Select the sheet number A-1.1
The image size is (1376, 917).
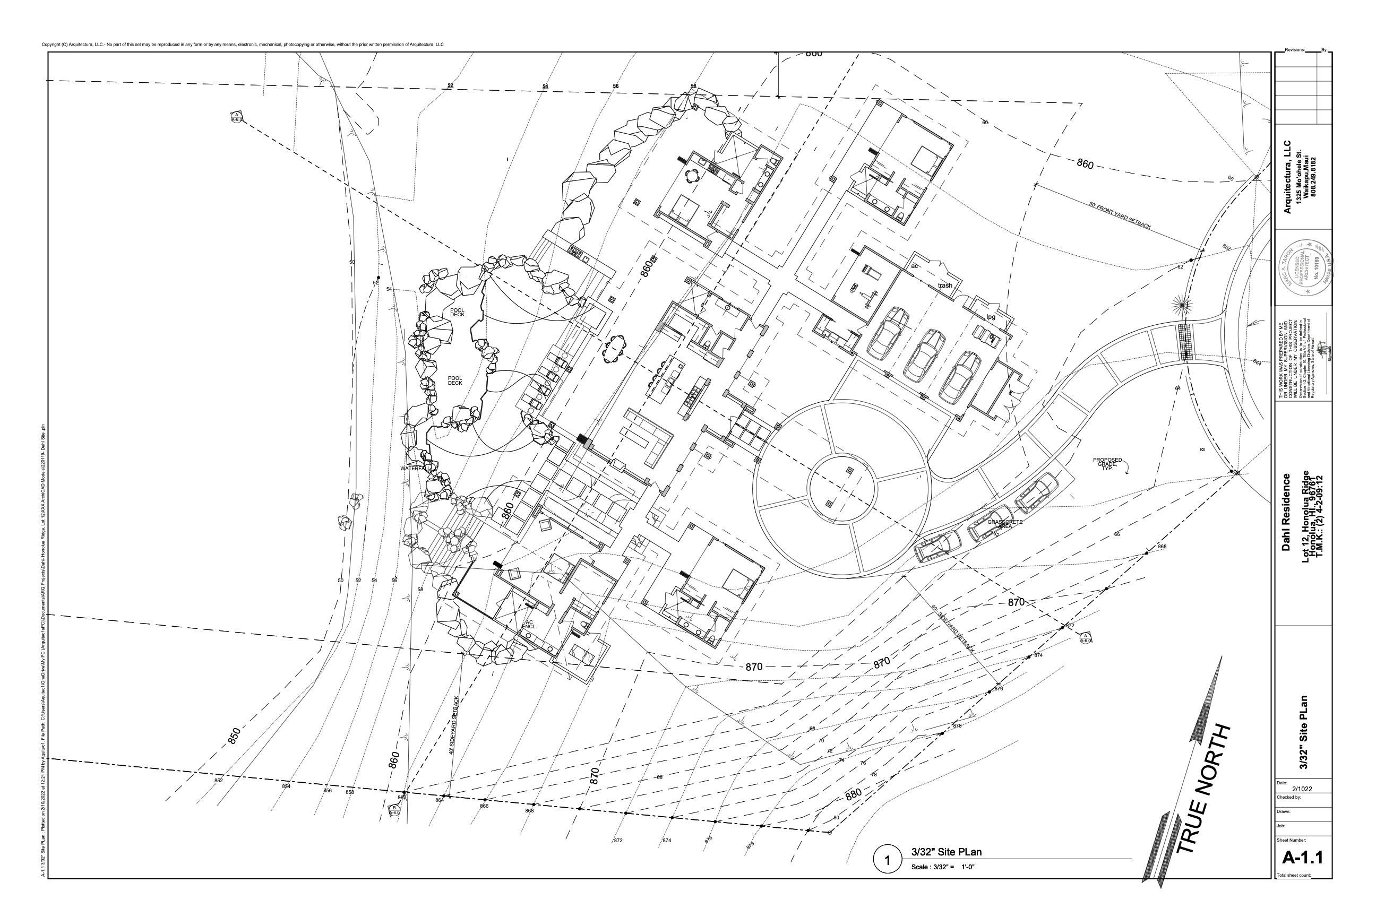pos(1303,858)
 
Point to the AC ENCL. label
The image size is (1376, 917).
pos(529,625)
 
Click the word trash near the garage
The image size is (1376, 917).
pos(945,286)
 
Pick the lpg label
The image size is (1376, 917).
pos(991,317)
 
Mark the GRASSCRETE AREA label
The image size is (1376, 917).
pos(1004,524)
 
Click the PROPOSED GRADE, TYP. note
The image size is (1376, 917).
pos(1107,464)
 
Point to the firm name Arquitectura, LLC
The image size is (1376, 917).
pos(1287,177)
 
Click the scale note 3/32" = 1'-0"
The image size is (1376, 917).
pos(942,867)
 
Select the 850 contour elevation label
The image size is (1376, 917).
pos(234,736)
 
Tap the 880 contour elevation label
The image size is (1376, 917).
pos(854,795)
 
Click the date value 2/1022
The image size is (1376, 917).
pos(1302,789)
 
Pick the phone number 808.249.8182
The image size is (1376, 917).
pos(1314,177)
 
